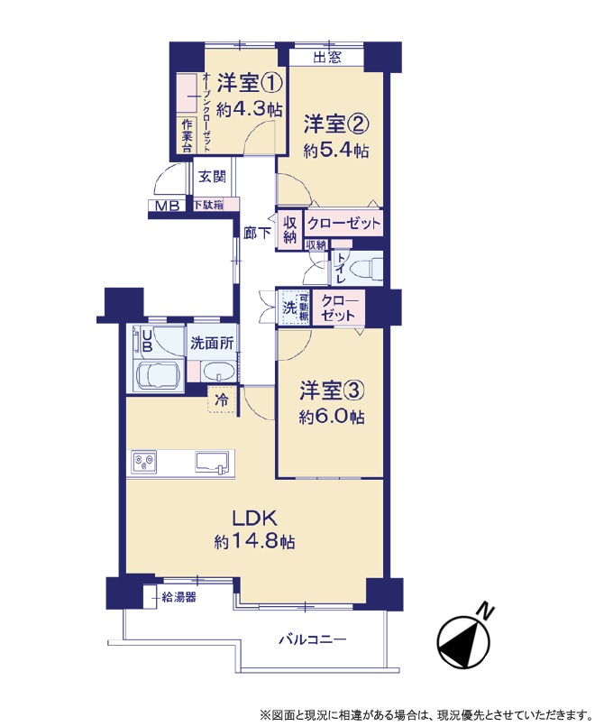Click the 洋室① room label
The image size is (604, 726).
250,83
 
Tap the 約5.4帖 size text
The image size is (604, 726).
336,150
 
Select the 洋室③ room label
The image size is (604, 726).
332,391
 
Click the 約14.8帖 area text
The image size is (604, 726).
254,541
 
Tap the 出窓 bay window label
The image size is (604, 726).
327,57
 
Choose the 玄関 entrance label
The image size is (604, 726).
212,177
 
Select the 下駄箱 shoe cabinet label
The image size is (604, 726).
209,204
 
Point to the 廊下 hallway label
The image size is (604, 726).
257,233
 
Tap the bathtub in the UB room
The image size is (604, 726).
157,376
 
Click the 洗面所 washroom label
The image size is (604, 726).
212,344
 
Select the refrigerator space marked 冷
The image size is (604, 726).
222,400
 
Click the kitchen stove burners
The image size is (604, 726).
144,462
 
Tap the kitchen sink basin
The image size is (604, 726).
213,462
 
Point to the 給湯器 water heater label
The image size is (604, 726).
178,597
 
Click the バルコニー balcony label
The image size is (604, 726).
313,640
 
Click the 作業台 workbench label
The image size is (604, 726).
187,136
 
